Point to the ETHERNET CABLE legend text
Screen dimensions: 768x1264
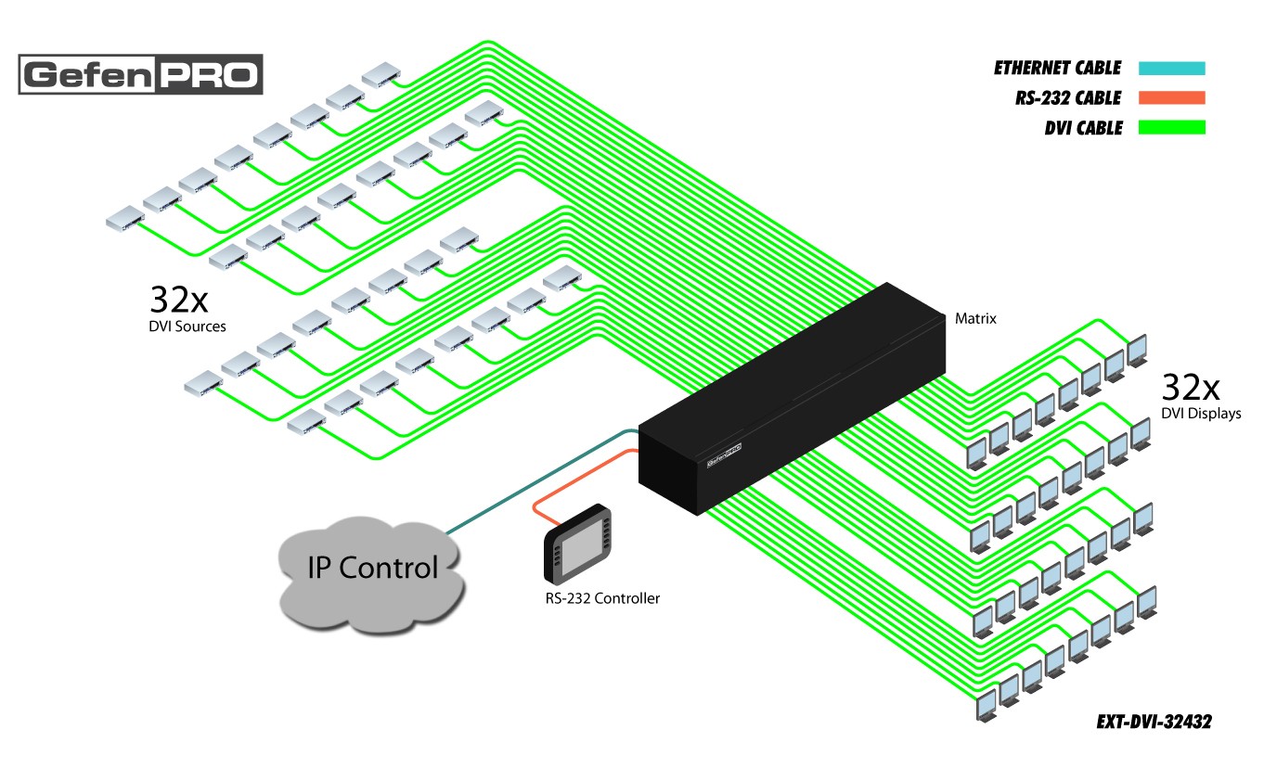coord(1057,68)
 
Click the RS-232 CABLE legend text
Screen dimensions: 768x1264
coord(1068,97)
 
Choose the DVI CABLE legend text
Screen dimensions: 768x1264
coord(1083,128)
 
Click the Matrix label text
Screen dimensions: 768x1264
coord(975,319)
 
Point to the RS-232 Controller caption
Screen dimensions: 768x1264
coord(602,599)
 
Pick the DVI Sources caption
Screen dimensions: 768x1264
coord(187,326)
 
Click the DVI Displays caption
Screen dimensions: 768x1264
coord(1201,414)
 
